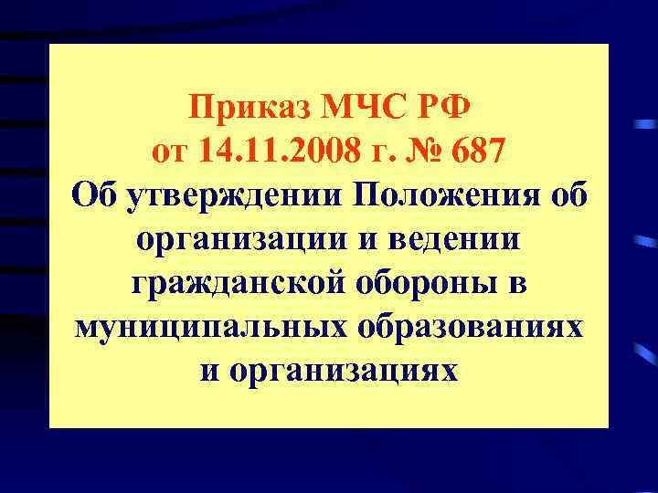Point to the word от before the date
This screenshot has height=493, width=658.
[x=173, y=152]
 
